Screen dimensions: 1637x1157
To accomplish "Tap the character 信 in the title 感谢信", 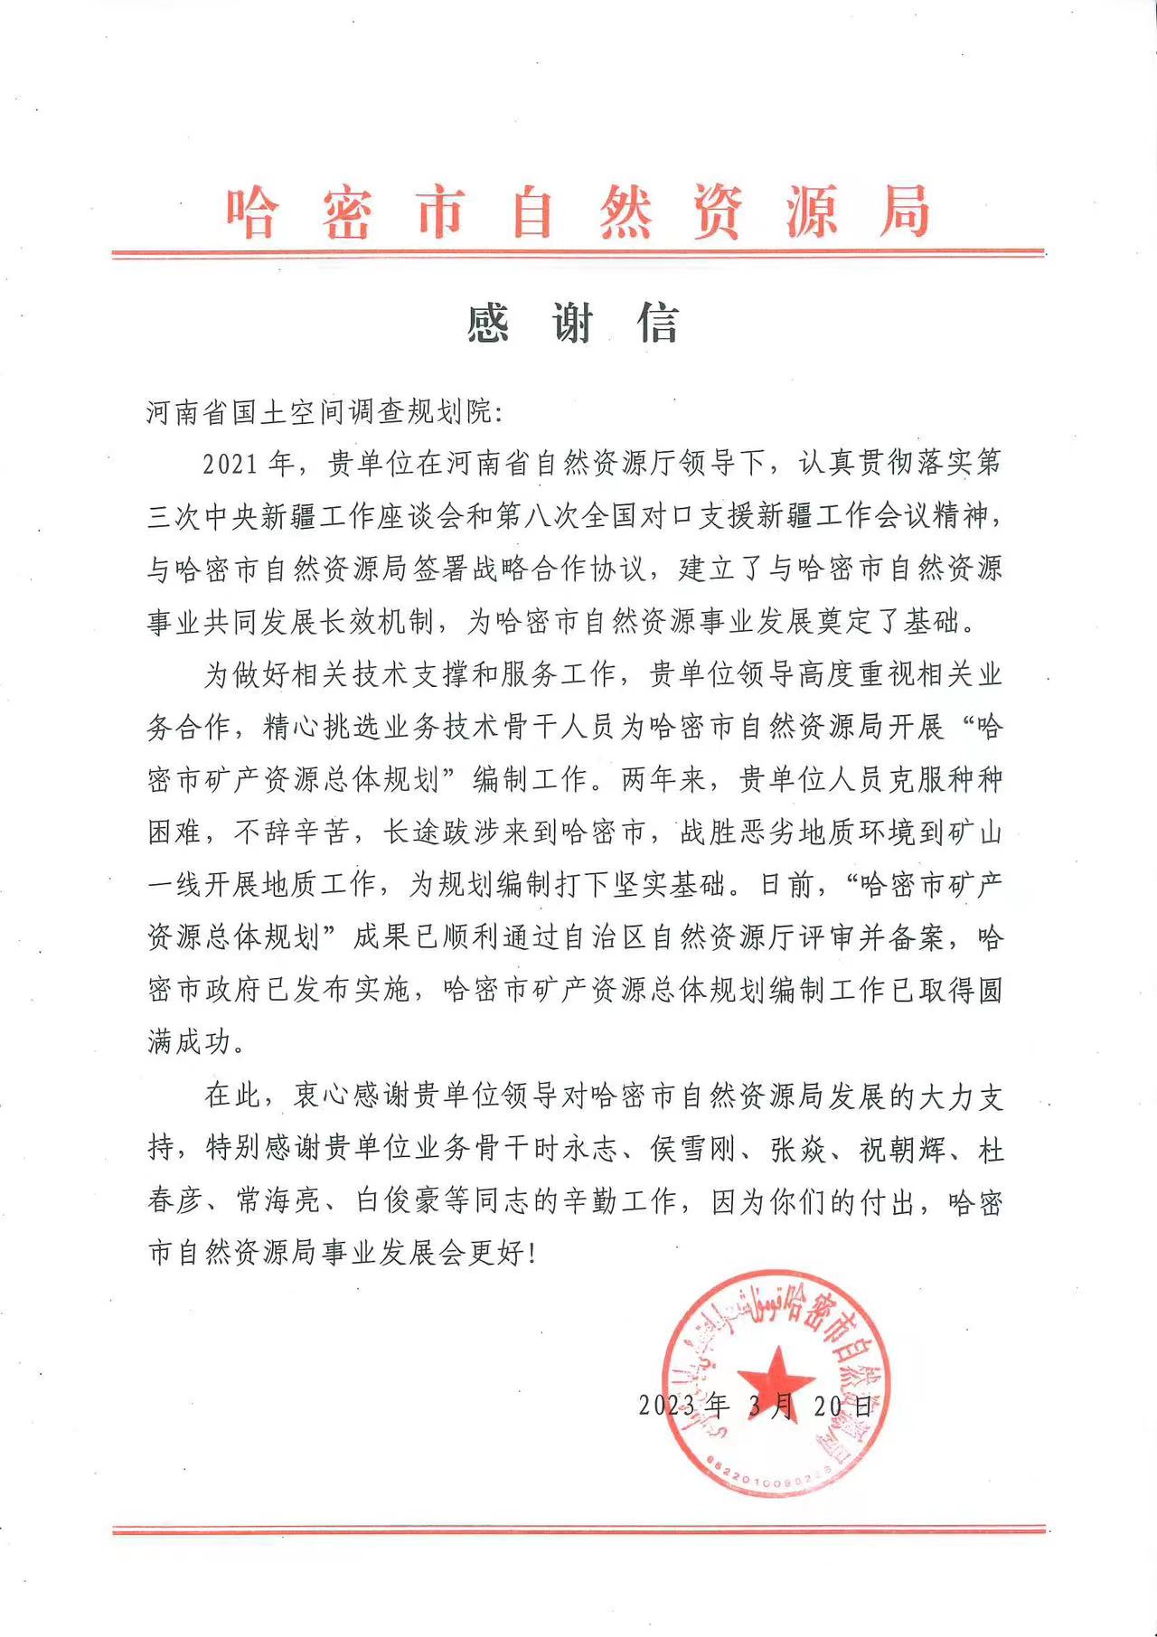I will tap(658, 323).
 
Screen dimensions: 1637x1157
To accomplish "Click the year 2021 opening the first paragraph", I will tap(235, 465).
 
